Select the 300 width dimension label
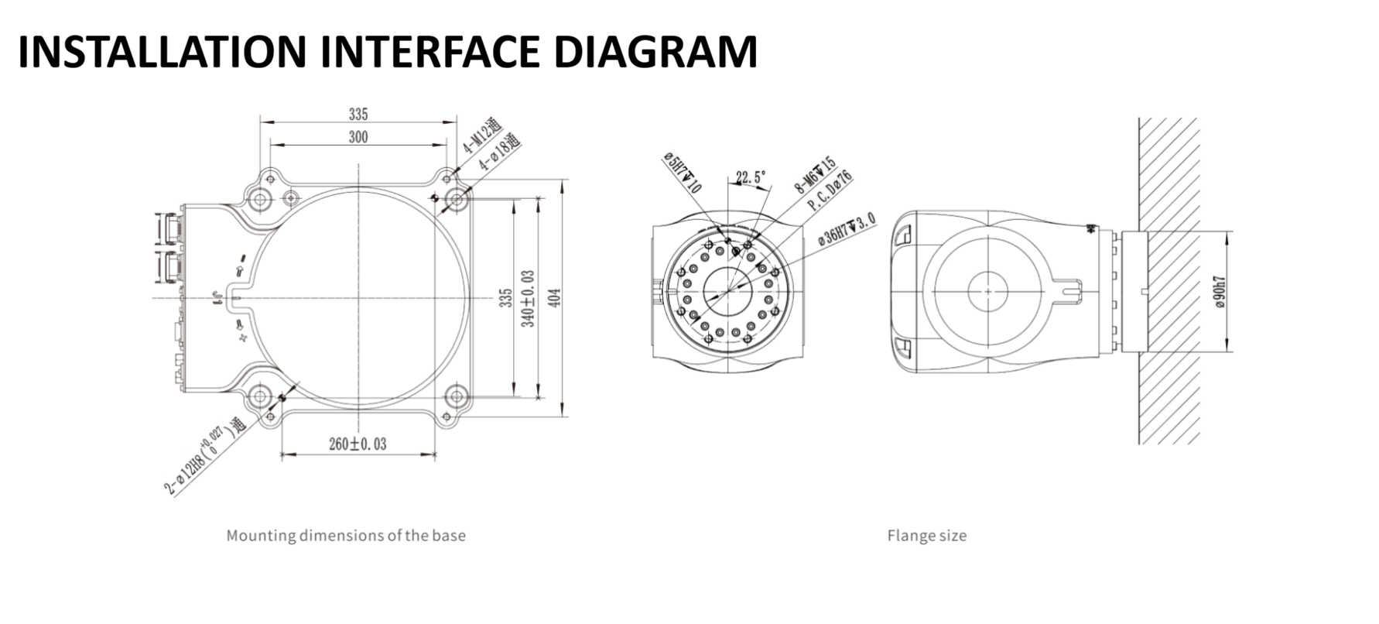click(358, 137)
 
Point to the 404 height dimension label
click(555, 297)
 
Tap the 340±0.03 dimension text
click(529, 298)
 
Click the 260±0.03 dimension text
click(358, 444)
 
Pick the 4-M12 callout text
click(482, 136)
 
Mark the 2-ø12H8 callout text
click(204, 456)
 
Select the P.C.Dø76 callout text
click(830, 190)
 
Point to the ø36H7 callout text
click(847, 229)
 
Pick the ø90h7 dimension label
click(1220, 291)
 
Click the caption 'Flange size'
click(926, 535)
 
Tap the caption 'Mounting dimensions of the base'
click(346, 535)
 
